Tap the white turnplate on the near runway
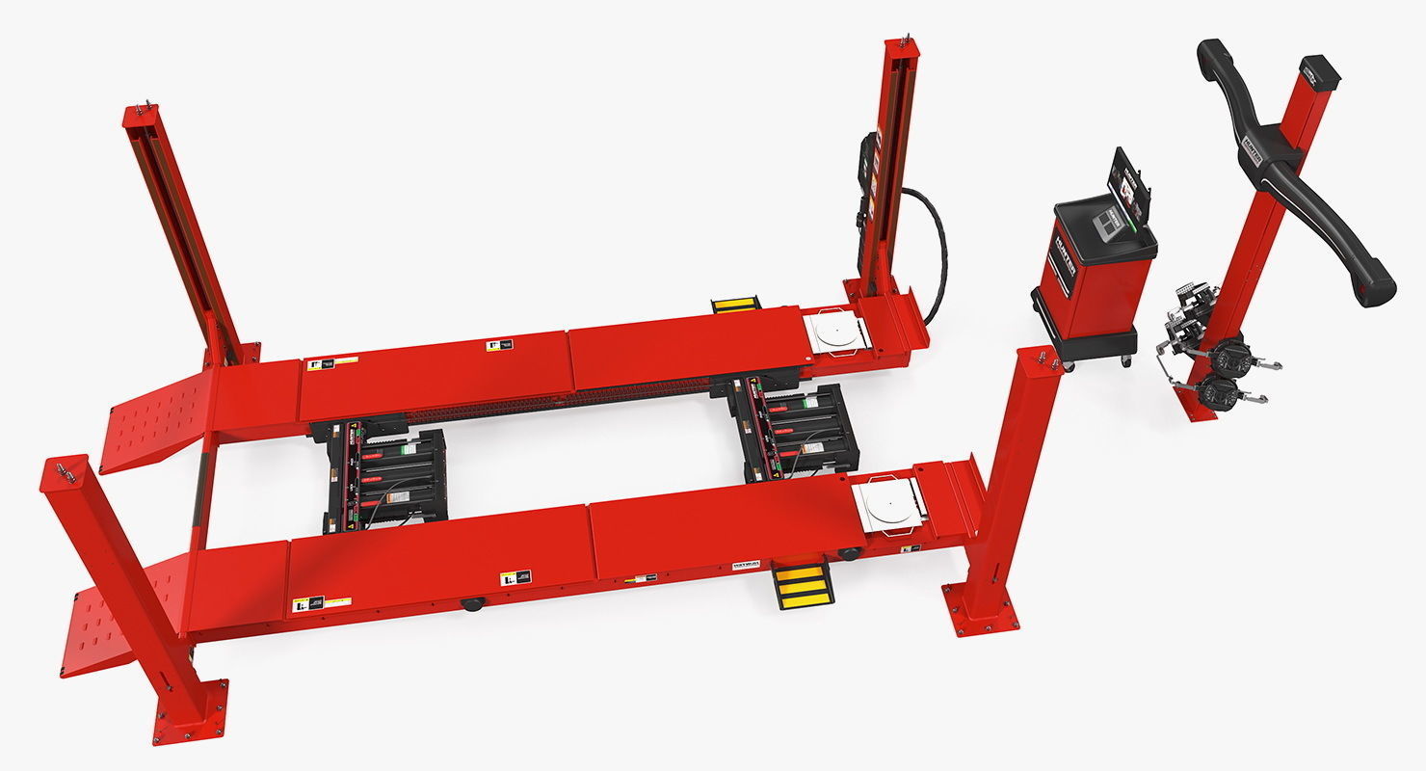(889, 503)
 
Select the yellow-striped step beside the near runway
(803, 585)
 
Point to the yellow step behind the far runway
(736, 305)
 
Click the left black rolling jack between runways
(385, 477)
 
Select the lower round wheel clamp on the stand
(1218, 393)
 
